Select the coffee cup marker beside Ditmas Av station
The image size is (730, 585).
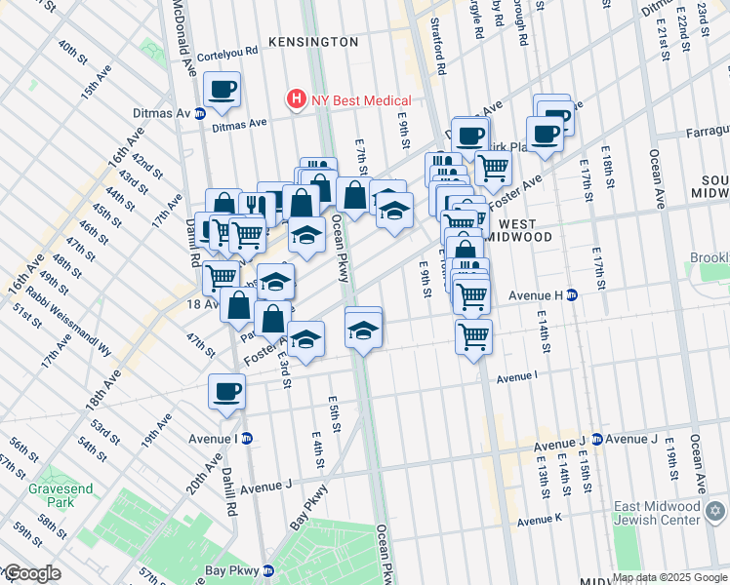222,93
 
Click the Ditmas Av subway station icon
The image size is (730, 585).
200,113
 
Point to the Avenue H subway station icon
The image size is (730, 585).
573,294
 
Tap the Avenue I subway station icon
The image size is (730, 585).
247,439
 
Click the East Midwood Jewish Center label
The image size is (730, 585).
657,514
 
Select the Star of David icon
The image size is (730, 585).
716,510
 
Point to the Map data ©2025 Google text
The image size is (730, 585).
669,577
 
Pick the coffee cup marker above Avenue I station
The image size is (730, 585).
226,392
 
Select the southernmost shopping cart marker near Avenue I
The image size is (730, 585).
473,338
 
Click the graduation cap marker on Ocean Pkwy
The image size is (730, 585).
363,330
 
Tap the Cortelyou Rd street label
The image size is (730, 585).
226,49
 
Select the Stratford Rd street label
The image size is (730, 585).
440,52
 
